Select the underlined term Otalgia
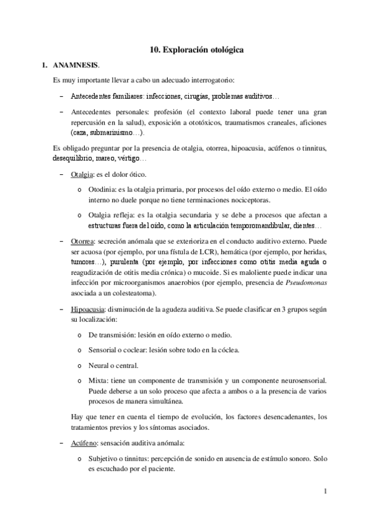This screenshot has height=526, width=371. [x=82, y=174]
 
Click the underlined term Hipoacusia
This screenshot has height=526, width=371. [x=87, y=308]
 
